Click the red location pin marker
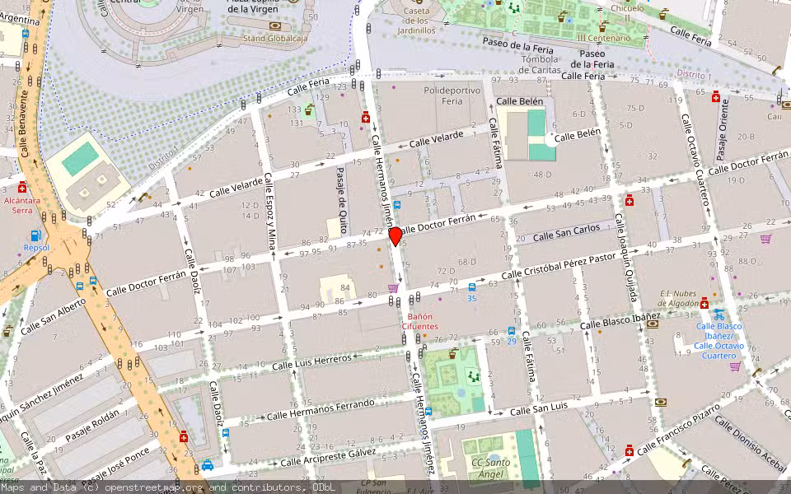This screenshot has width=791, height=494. (x=395, y=236)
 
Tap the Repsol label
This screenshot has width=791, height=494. (x=36, y=247)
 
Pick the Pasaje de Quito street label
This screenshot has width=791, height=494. (x=340, y=194)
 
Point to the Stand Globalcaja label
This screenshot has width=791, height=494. (x=276, y=38)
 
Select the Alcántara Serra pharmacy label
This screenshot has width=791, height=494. (x=22, y=205)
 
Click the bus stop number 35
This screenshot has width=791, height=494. (x=471, y=298)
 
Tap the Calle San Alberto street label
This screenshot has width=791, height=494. (x=53, y=316)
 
